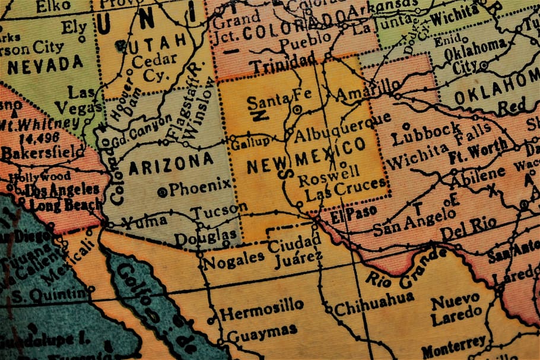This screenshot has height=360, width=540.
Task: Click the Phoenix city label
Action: pos(200,188)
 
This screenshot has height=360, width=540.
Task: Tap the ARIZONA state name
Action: pos(171,163)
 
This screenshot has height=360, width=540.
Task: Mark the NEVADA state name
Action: pos(46,64)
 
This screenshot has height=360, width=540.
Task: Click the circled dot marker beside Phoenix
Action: pos(162,192)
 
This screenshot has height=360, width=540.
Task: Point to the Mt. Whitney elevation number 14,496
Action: pos(23,139)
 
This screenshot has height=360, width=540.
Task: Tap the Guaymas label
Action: pos(262,332)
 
